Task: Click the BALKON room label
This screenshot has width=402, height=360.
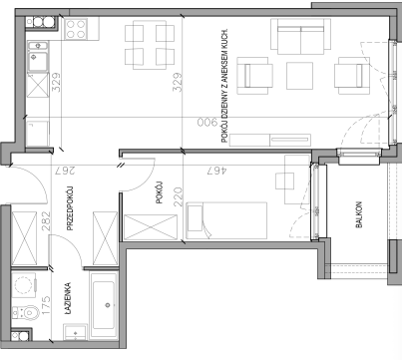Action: tap(359, 214)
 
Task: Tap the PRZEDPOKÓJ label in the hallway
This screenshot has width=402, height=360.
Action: tap(70, 208)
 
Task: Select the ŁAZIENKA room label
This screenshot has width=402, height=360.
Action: tap(68, 298)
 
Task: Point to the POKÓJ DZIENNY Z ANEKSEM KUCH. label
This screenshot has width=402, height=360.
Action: tap(224, 86)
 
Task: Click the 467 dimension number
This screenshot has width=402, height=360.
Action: tap(216, 171)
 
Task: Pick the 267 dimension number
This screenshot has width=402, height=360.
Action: tap(65, 171)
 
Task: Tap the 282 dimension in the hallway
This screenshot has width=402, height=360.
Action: tap(46, 221)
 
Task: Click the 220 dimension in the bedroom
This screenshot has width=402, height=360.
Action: tap(179, 196)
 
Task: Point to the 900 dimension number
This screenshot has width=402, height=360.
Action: tap(206, 123)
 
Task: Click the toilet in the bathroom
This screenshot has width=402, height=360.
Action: tap(26, 312)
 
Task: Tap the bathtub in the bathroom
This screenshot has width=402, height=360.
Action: tap(104, 305)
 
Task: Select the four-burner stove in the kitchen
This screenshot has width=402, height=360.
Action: tap(76, 29)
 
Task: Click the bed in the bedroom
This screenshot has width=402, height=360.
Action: tap(226, 220)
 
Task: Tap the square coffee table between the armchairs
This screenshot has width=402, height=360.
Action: tap(299, 76)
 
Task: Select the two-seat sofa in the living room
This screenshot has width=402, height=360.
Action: tap(301, 37)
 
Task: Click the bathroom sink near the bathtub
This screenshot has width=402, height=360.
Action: tap(76, 332)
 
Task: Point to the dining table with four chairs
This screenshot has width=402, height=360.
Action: tap(150, 45)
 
